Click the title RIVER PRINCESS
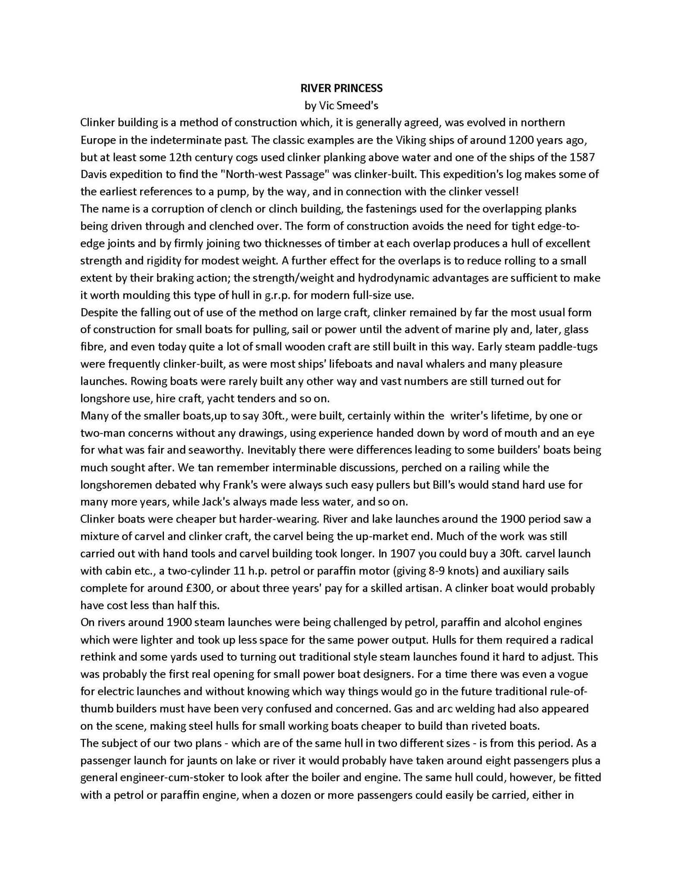[x=341, y=88]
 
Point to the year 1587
[x=583, y=157]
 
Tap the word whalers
[x=445, y=364]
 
